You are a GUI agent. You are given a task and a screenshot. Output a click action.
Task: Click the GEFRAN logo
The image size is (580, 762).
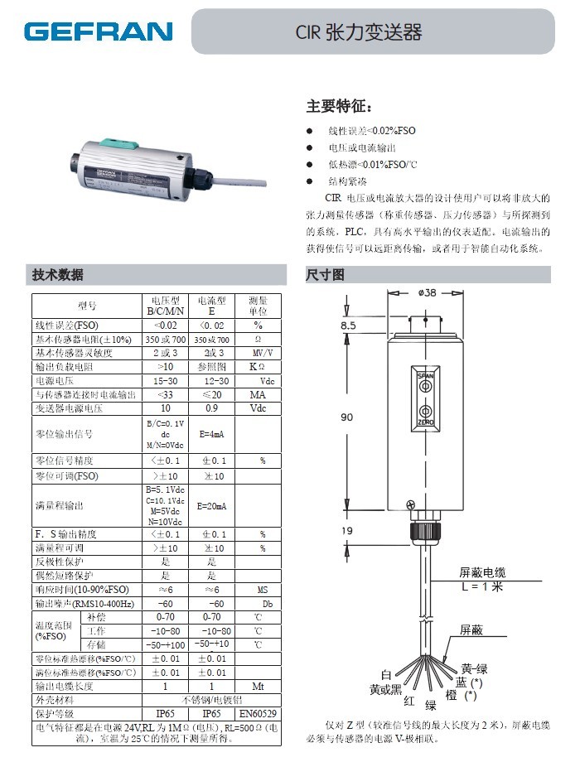(99, 32)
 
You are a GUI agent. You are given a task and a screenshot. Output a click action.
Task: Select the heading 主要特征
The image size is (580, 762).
(340, 106)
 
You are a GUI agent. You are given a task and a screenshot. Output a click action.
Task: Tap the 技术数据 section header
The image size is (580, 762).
(58, 275)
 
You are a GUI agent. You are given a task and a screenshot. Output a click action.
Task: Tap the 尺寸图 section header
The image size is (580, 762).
(325, 275)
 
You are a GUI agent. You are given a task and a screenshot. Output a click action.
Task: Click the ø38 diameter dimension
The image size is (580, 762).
(428, 292)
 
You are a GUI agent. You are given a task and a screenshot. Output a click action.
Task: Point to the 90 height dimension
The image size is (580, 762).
(348, 417)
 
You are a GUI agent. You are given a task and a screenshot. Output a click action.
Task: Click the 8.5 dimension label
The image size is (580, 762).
(348, 326)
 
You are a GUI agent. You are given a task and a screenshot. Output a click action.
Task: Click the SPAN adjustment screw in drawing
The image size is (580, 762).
(425, 384)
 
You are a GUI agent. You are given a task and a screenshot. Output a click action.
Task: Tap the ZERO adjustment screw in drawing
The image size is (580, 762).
(425, 412)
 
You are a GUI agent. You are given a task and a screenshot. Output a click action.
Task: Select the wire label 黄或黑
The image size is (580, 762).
(385, 688)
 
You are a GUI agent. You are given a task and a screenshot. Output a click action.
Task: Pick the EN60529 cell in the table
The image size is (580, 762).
(260, 712)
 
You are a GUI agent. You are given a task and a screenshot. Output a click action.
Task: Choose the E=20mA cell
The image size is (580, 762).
(212, 505)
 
